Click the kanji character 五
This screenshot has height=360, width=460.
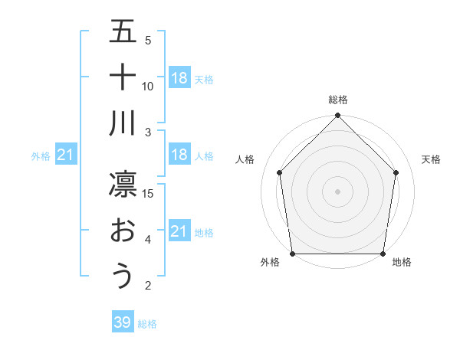pos(123,31)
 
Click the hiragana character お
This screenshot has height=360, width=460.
pos(123,231)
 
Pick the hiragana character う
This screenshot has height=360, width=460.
pos(123,277)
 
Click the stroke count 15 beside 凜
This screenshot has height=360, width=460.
pos(149,193)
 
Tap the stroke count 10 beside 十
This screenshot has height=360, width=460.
pos(149,86)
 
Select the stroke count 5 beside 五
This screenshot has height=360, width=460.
pos(148,40)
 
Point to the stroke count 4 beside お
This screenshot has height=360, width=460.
pos(148,240)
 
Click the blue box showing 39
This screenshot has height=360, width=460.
pos(122,322)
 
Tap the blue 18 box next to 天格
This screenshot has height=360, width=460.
pos(179,77)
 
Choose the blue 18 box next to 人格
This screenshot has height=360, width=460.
pos(179,155)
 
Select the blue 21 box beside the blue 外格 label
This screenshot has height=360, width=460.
pos(65,155)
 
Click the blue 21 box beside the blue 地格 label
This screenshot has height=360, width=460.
pos(179,231)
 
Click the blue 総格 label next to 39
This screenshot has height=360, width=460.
pos(147,324)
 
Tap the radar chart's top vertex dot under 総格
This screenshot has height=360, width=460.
pos(337,116)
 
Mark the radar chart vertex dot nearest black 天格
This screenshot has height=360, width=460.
pos(396,172)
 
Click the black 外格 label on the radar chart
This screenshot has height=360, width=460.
pos(270,262)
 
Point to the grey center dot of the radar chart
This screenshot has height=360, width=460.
pos(337,191)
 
